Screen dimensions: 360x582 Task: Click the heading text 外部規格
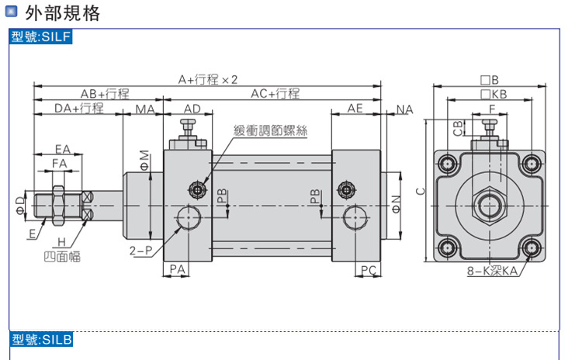[63, 13]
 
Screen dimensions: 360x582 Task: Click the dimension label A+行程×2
[207, 79]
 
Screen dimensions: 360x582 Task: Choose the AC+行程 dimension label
[275, 93]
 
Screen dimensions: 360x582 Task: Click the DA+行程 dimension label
[78, 108]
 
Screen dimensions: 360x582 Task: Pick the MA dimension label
[145, 109]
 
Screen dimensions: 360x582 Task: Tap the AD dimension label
[192, 109]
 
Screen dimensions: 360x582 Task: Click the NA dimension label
[404, 109]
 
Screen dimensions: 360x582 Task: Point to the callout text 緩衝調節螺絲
[270, 131]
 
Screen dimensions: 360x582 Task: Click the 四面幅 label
[62, 255]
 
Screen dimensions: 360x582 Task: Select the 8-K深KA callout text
[492, 272]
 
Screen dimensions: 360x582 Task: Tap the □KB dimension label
[493, 94]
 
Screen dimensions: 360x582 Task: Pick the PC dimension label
[368, 269]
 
